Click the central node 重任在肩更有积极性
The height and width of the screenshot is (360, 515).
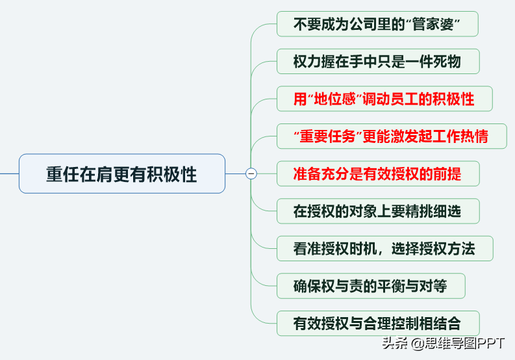tap(122, 174)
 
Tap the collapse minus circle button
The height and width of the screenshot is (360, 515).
tap(251, 174)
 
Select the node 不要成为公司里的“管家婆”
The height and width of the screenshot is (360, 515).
tap(377, 24)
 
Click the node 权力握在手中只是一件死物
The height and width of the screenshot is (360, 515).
tap(378, 62)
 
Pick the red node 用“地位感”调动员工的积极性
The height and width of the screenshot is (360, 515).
tap(384, 99)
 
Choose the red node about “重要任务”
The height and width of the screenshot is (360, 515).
tap(392, 136)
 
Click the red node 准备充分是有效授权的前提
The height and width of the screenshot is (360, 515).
tap(378, 174)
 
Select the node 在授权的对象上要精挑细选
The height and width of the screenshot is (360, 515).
tap(378, 211)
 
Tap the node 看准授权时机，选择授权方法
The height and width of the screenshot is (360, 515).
tap(385, 248)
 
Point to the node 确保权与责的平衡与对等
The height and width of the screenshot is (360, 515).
tap(371, 286)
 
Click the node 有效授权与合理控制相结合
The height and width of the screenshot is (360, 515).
tap(378, 324)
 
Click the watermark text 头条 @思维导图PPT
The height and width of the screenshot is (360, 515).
tap(443, 343)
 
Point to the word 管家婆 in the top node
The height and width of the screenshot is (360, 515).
tap(433, 24)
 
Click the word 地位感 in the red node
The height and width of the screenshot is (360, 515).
tap(334, 99)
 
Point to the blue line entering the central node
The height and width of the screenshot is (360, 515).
tap(10, 174)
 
